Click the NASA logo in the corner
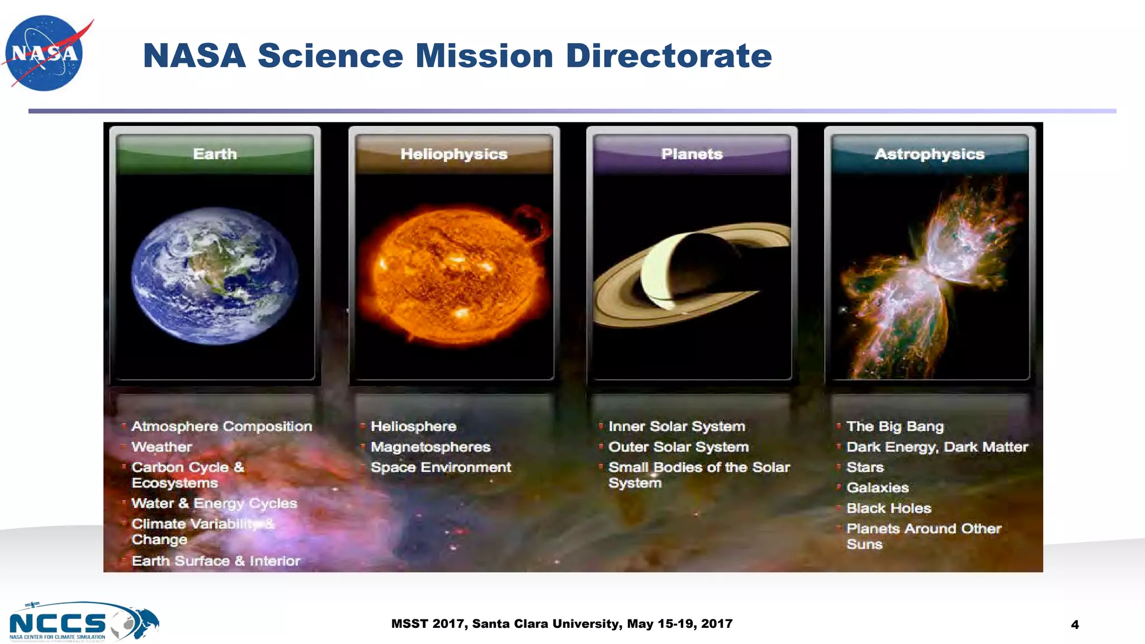click(45, 53)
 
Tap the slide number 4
click(1075, 625)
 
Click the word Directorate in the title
click(669, 56)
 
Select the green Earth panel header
click(215, 154)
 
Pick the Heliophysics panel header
click(454, 154)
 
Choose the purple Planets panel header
click(692, 154)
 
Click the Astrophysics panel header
click(930, 154)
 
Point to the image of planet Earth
click(215, 275)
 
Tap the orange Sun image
click(454, 274)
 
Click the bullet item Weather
click(162, 447)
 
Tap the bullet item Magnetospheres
click(430, 447)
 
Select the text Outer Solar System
click(678, 447)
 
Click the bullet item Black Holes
click(888, 508)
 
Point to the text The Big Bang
click(895, 427)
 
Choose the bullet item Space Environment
click(441, 467)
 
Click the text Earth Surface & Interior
click(216, 561)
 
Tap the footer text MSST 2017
click(429, 624)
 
